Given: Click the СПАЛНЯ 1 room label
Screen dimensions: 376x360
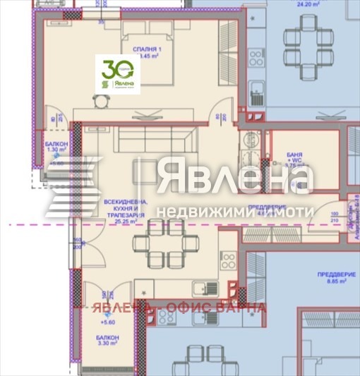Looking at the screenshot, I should pyautogui.click(x=147, y=50).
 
